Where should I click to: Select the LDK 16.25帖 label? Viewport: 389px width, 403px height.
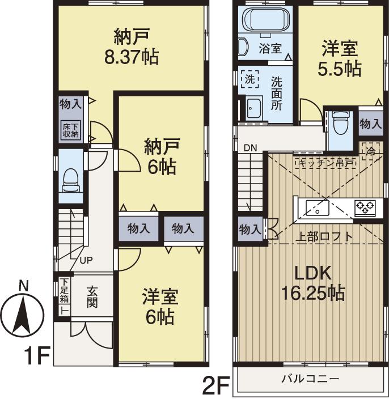point(312,283)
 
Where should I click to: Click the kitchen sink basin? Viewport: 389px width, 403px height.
point(316,208)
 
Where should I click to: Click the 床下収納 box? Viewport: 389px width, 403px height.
point(71,129)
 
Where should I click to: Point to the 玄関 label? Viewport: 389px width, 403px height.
point(92,296)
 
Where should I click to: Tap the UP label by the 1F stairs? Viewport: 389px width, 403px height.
point(86,261)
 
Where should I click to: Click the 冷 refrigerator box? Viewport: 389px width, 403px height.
point(370,151)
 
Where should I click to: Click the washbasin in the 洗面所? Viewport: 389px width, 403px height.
point(253,107)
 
